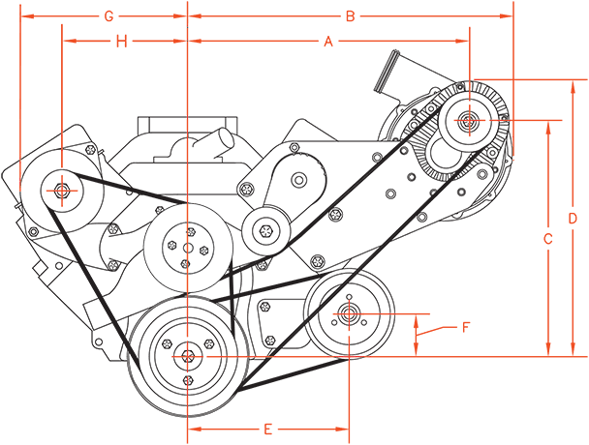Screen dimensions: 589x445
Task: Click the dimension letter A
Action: point(328,41)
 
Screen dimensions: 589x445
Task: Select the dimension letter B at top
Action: point(350,16)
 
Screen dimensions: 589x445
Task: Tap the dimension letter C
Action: point(548,239)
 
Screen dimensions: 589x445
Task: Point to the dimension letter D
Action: point(573,219)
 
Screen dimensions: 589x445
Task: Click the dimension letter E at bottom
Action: point(267,429)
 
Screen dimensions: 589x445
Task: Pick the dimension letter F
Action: point(465,327)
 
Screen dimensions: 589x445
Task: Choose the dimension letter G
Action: point(108,16)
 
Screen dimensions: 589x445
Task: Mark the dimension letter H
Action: point(121,42)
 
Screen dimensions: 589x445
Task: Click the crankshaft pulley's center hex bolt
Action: point(187,356)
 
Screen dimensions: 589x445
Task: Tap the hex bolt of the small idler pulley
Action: point(265,229)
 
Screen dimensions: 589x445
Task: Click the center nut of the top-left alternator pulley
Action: point(62,191)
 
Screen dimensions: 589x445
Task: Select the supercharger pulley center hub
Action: point(469,120)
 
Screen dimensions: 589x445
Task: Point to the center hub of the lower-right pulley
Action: point(349,313)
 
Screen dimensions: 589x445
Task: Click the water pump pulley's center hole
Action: point(188,248)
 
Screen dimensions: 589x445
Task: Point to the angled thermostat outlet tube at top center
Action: point(214,140)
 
